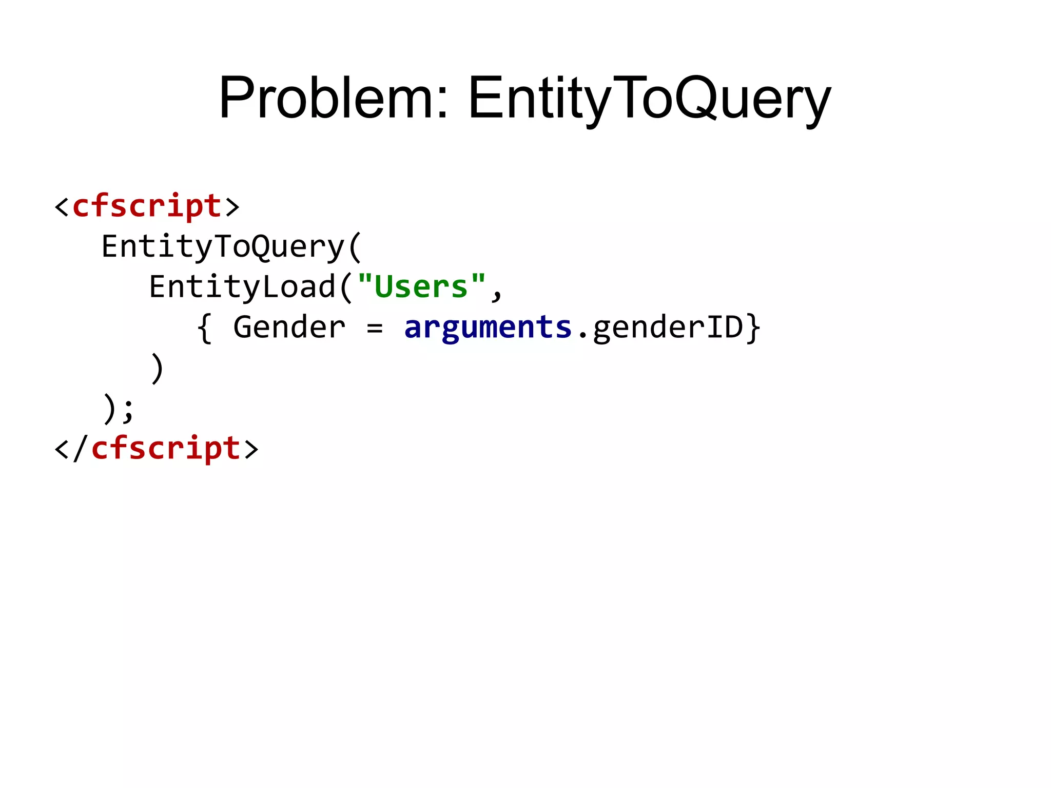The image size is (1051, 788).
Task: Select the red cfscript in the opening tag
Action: tap(147, 206)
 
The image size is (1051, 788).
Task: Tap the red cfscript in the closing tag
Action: tap(166, 448)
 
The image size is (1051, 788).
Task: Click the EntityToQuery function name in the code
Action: tap(223, 246)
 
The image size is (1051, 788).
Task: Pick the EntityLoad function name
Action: tap(242, 286)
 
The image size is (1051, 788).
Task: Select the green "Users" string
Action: tap(421, 286)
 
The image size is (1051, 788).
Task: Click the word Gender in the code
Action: tap(289, 327)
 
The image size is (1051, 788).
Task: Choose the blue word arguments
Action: tap(488, 327)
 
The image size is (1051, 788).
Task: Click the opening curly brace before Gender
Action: tap(204, 329)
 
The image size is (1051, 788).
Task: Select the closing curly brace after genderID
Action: tap(753, 329)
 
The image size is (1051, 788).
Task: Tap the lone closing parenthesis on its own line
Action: tap(157, 368)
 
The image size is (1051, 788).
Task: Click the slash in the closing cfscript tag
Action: tap(81, 449)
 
